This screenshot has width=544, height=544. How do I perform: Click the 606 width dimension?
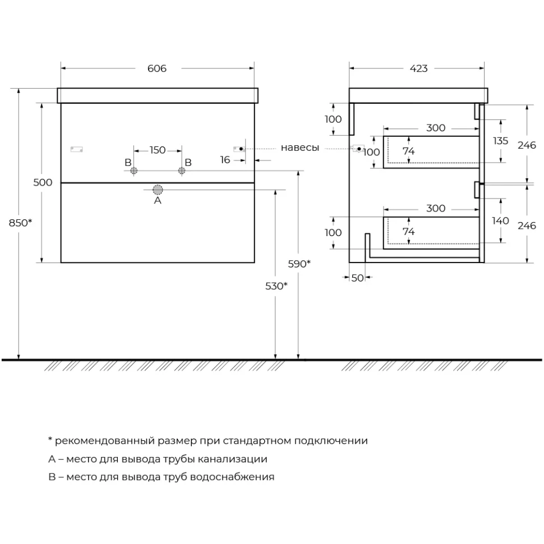pyautogui.click(x=157, y=68)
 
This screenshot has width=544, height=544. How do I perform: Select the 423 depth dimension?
pyautogui.click(x=418, y=68)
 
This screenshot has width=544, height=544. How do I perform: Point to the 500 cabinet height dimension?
pyautogui.click(x=43, y=182)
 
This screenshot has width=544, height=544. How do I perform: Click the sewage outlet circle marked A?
pyautogui.click(x=158, y=190)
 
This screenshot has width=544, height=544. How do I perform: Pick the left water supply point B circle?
pyautogui.click(x=133, y=170)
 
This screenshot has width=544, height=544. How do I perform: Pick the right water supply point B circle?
pyautogui.click(x=182, y=170)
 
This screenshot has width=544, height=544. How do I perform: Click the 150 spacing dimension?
pyautogui.click(x=158, y=150)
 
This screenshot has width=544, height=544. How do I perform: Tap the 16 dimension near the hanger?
pyautogui.click(x=225, y=160)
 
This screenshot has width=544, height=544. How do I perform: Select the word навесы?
pyautogui.click(x=300, y=148)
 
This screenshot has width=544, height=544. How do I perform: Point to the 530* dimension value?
pyautogui.click(x=276, y=286)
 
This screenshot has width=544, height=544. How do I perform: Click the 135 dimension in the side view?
pyautogui.click(x=500, y=141)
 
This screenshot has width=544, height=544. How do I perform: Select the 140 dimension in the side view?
pyautogui.click(x=500, y=220)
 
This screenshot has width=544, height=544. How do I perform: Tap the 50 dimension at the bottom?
pyautogui.click(x=357, y=278)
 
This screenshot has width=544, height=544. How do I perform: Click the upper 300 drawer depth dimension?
pyautogui.click(x=436, y=128)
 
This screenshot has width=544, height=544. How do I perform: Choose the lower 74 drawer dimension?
pyautogui.click(x=408, y=232)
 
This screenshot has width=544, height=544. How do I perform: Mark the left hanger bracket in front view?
pyautogui.click(x=76, y=149)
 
